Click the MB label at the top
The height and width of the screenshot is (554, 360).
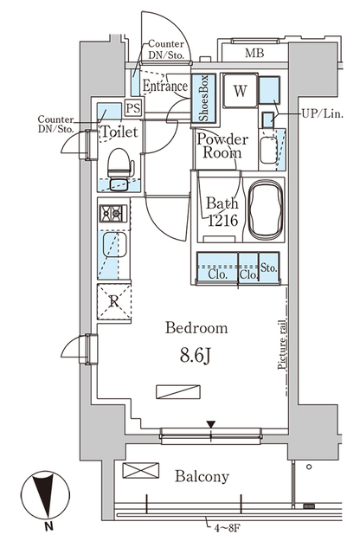(254, 54)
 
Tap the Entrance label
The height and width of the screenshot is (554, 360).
(164, 87)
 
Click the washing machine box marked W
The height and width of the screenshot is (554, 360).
(239, 90)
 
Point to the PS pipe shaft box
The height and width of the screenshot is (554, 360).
(133, 108)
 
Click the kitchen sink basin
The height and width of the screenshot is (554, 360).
(113, 248)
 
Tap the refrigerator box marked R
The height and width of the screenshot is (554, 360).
(113, 301)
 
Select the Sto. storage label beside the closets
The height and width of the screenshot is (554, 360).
(268, 269)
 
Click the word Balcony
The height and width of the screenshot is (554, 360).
(202, 476)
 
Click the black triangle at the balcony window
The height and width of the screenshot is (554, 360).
(210, 424)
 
